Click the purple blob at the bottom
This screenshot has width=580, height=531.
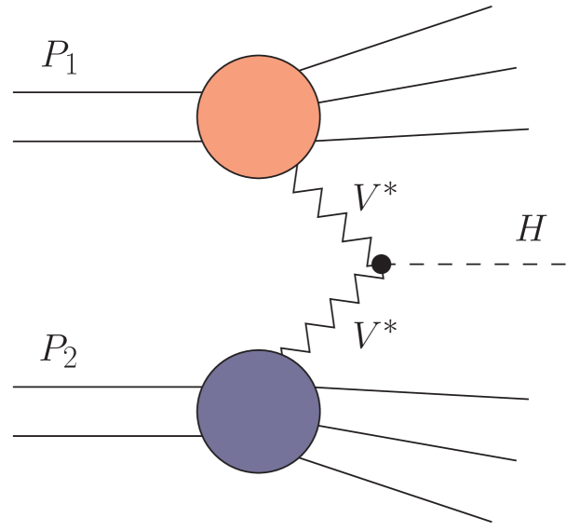point(258,411)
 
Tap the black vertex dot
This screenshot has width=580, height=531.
point(381,265)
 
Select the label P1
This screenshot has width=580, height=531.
point(59,58)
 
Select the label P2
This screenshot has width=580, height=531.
point(59,351)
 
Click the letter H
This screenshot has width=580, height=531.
point(532,229)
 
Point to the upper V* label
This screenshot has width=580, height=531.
point(375,197)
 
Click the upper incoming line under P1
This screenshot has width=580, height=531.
point(102,93)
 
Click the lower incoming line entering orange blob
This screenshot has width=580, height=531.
point(102,142)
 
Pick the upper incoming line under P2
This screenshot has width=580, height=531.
point(102,387)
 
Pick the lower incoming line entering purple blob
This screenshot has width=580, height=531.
point(102,435)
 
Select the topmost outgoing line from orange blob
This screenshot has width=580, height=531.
point(400,38)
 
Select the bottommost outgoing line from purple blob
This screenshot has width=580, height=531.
point(400,489)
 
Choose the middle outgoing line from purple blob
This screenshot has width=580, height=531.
point(419,443)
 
